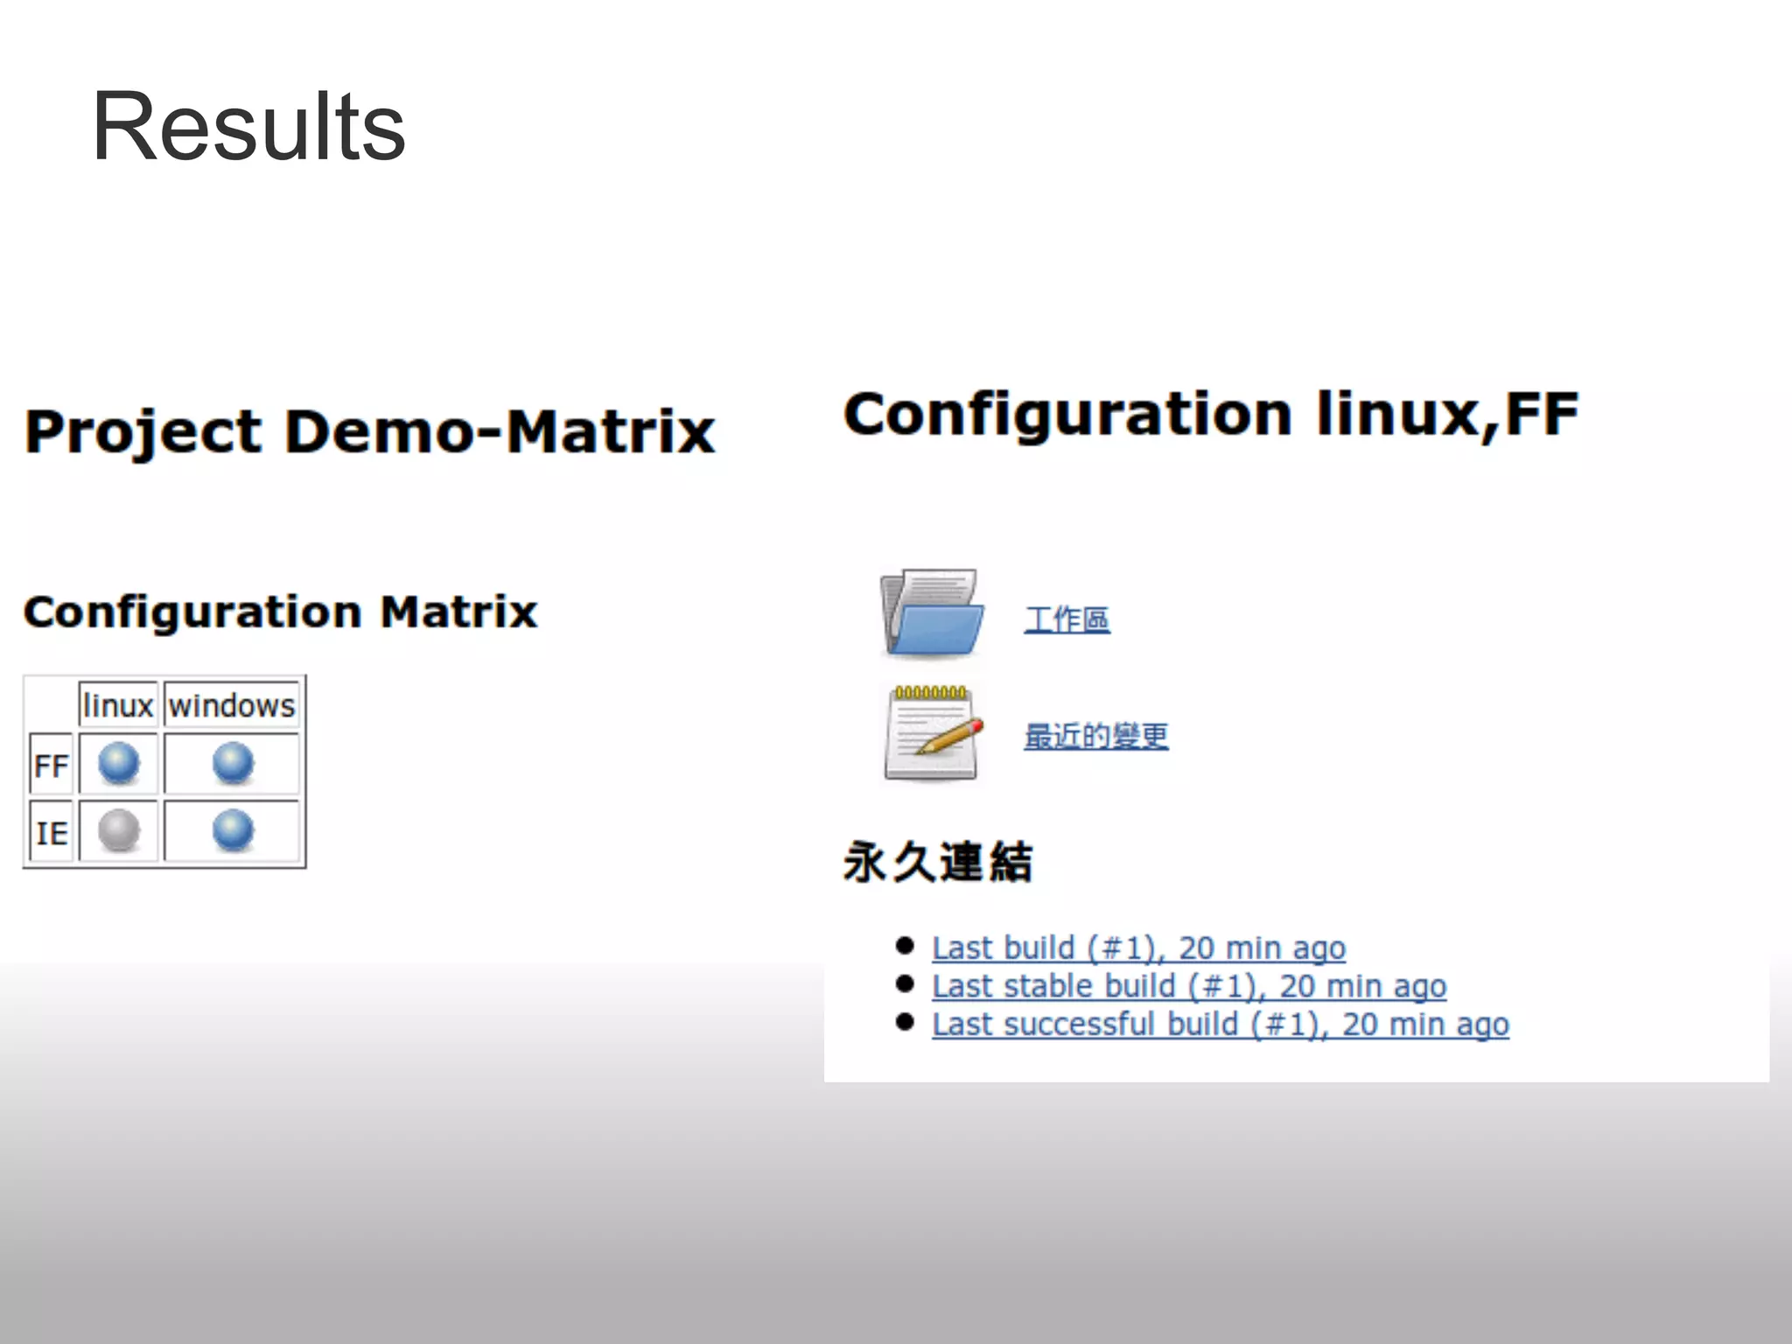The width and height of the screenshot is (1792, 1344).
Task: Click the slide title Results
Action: pos(248,128)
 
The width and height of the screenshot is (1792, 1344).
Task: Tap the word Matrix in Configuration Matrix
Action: pos(458,612)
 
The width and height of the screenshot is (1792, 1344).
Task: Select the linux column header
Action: pos(118,705)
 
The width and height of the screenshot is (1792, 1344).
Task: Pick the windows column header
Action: pos(232,705)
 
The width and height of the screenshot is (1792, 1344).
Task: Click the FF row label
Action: pos(51,766)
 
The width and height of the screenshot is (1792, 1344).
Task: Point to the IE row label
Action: pos(51,832)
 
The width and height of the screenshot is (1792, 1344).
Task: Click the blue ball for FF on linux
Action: pos(119,763)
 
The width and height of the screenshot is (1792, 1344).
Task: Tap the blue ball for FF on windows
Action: pos(233,763)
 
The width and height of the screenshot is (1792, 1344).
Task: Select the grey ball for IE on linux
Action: pos(119,829)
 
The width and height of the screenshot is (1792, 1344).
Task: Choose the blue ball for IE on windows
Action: pos(233,829)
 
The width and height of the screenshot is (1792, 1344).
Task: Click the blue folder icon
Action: pos(930,613)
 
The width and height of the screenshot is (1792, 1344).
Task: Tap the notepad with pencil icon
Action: pos(931,732)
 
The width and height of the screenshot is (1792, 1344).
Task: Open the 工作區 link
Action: pos(1067,619)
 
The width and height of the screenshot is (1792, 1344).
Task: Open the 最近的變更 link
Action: pos(1095,736)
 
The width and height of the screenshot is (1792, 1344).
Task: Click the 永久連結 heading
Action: pos(938,862)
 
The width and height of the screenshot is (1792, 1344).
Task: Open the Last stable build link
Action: pos(1188,986)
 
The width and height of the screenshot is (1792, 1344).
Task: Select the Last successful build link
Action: pos(1220,1025)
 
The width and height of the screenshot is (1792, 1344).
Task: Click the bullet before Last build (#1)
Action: pos(905,946)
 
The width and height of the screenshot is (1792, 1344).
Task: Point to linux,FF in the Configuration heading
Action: pos(1447,415)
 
